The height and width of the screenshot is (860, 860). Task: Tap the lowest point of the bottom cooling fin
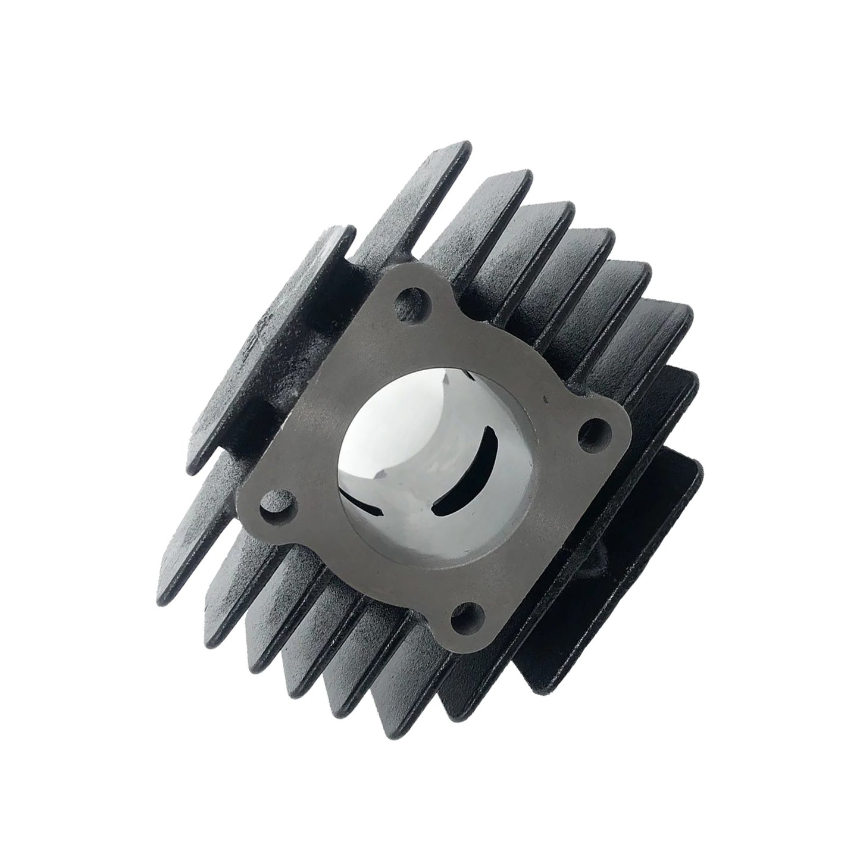[x=393, y=735]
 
